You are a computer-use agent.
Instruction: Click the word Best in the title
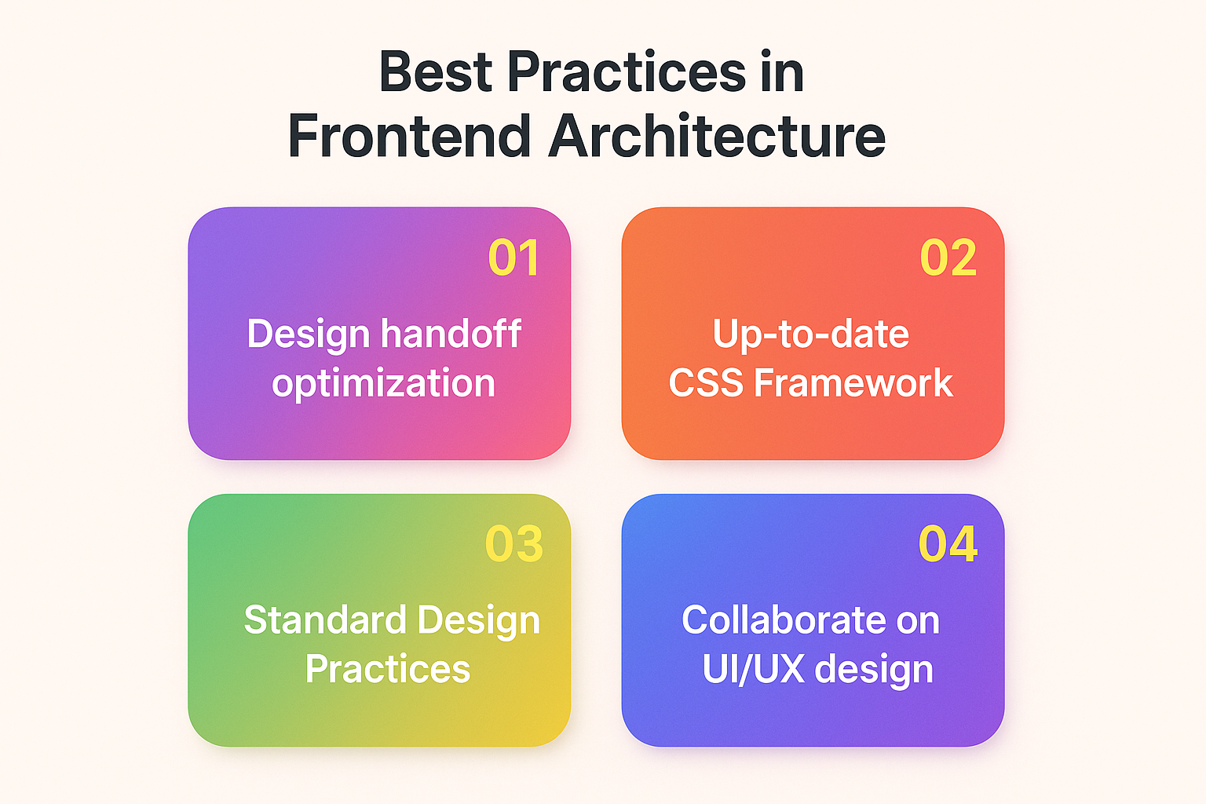[436, 71]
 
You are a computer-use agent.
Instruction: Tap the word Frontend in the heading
[409, 136]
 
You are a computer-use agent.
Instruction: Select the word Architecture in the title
[717, 136]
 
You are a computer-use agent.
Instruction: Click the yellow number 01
[513, 258]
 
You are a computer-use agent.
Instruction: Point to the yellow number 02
[948, 258]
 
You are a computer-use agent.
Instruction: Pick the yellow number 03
[514, 543]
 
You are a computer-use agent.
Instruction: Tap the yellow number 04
[948, 543]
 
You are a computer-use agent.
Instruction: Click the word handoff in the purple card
[451, 334]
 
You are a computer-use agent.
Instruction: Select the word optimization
[383, 383]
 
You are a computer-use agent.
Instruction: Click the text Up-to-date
[811, 334]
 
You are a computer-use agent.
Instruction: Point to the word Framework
[853, 383]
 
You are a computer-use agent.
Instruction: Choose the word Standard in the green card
[324, 619]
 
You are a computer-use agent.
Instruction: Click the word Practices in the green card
[388, 669]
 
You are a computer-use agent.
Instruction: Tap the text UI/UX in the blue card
[754, 670]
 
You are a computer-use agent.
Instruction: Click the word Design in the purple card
[309, 334]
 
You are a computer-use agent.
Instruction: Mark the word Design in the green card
[479, 621]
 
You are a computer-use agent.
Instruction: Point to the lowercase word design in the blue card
[875, 671]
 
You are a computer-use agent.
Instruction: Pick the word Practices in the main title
[626, 71]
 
